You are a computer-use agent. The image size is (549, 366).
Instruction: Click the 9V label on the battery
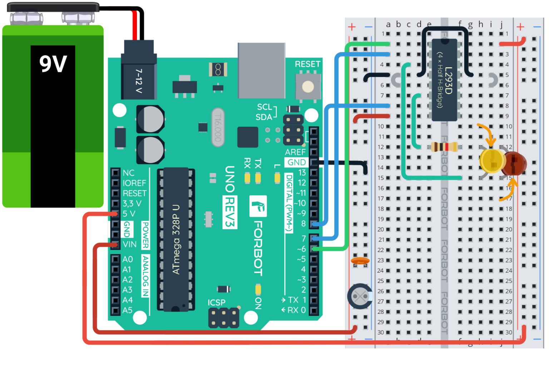click(53, 64)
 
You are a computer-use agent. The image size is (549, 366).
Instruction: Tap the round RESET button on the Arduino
click(308, 87)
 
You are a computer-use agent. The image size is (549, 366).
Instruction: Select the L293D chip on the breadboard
click(444, 80)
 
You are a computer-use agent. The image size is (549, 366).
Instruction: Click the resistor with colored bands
click(444, 147)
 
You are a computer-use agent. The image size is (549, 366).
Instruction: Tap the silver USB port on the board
click(261, 70)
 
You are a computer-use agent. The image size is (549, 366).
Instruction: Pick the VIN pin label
click(129, 244)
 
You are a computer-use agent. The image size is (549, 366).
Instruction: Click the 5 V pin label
click(129, 214)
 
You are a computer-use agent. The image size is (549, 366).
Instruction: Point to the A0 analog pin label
click(128, 259)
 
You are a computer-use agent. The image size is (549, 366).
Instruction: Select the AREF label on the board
click(295, 152)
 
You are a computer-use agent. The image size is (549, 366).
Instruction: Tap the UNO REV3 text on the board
click(229, 197)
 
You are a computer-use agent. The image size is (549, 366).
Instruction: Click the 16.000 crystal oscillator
click(218, 127)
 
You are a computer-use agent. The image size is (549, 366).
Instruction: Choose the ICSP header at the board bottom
click(224, 317)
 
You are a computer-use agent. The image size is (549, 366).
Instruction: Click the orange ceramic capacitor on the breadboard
click(360, 261)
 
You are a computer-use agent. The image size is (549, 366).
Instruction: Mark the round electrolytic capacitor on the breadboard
click(360, 296)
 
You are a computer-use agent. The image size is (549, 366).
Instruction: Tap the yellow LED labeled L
click(277, 178)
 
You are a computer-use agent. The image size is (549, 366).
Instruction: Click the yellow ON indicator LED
click(258, 289)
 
